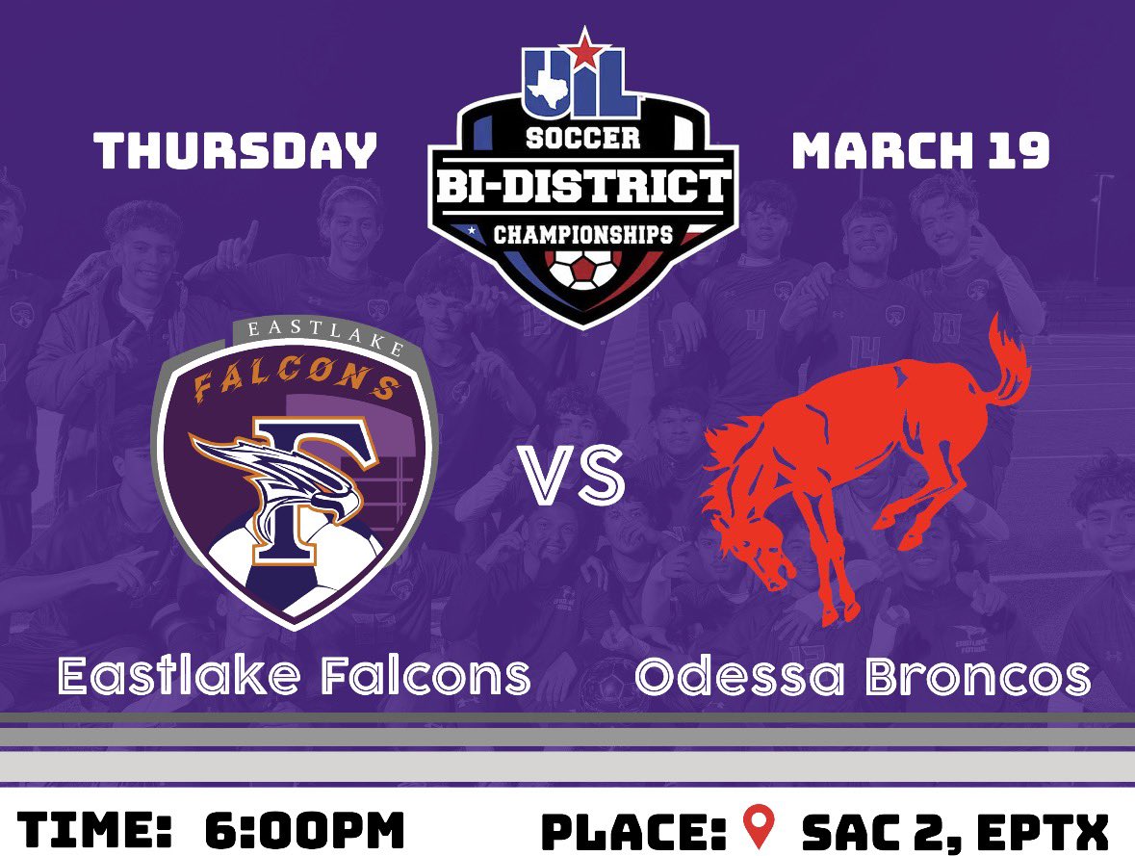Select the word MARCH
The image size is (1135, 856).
point(878,152)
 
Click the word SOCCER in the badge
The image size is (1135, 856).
point(582,138)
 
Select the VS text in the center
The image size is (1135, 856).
point(572,475)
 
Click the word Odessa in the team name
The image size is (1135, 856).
point(736,677)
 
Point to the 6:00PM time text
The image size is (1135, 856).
point(304,830)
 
